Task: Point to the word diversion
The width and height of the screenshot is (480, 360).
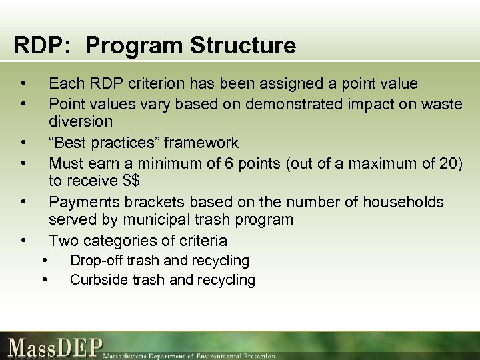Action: click(81, 122)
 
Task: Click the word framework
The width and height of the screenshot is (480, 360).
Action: click(201, 143)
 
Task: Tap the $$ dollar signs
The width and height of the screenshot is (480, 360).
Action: click(130, 181)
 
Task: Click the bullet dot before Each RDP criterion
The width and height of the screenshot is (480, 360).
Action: click(23, 83)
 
